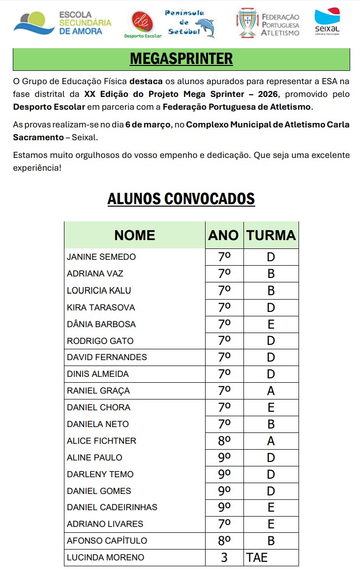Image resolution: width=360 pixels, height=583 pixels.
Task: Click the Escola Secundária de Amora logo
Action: click(x=62, y=23)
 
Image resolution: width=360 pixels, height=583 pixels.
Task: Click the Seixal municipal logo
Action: click(x=327, y=22)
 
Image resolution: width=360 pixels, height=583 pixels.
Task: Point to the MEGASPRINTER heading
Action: click(x=181, y=59)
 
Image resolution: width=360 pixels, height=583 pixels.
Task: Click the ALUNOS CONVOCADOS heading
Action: click(x=181, y=199)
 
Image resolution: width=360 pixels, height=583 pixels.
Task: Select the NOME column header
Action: click(x=134, y=235)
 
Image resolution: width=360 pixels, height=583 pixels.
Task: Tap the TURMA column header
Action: click(x=271, y=235)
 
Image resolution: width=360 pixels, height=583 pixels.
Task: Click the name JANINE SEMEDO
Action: click(x=101, y=257)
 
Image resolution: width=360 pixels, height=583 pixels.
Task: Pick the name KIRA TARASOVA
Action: click(x=101, y=307)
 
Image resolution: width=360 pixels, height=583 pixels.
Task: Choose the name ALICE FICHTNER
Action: click(x=101, y=441)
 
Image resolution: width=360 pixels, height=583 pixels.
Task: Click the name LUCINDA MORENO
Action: click(x=105, y=557)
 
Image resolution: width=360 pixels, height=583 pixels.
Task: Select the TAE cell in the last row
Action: click(x=257, y=557)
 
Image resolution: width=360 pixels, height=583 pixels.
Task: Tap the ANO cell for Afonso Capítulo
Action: click(x=224, y=541)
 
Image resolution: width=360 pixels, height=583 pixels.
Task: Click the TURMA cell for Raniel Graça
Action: click(x=271, y=391)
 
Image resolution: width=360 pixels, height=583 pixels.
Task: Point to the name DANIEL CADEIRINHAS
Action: click(x=112, y=507)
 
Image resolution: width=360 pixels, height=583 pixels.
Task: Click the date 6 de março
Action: click(x=148, y=124)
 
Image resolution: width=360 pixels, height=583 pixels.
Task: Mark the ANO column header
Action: click(x=224, y=235)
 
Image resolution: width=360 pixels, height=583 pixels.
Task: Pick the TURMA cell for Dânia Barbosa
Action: click(x=271, y=324)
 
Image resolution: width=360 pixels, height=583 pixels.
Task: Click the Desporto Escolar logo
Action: click(x=143, y=25)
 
